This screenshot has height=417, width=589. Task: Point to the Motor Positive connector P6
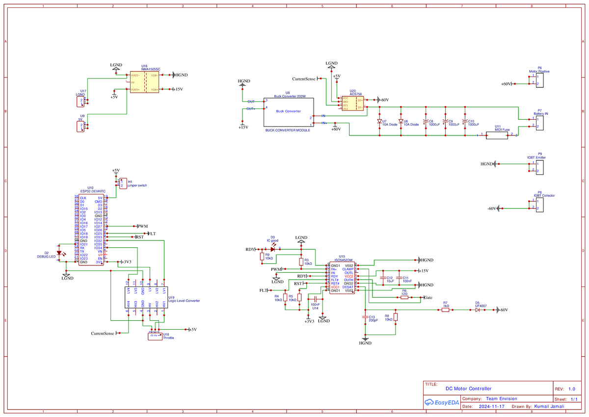click(x=539, y=80)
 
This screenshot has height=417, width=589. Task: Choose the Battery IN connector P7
click(x=539, y=122)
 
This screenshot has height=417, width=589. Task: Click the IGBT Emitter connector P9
click(x=539, y=167)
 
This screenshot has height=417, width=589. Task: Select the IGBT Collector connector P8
click(x=539, y=205)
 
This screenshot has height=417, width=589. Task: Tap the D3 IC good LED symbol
click(x=273, y=249)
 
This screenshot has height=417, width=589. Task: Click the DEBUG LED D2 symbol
click(x=60, y=254)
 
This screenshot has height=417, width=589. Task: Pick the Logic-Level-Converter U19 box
click(x=146, y=297)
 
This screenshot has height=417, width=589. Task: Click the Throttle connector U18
click(x=155, y=336)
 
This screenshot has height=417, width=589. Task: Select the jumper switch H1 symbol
click(x=123, y=183)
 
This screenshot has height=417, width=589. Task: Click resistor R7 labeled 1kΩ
click(x=445, y=310)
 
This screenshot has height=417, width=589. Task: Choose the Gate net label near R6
click(x=428, y=298)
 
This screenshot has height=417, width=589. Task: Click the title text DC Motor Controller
click(x=468, y=389)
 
